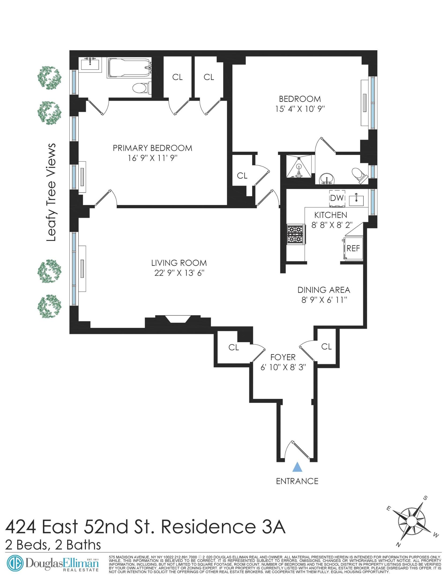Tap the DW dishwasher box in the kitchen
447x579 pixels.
pos(337,198)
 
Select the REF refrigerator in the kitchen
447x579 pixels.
pos(353,248)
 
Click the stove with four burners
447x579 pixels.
pos(296,234)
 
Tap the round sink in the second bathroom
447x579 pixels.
pos(326,178)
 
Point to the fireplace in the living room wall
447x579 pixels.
pos(178,320)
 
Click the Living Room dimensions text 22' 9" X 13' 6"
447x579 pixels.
pos(179,273)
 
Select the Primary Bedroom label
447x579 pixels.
pos(152,148)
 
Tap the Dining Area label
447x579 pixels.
pos(324,290)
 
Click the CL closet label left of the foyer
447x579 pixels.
pos(233,347)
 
